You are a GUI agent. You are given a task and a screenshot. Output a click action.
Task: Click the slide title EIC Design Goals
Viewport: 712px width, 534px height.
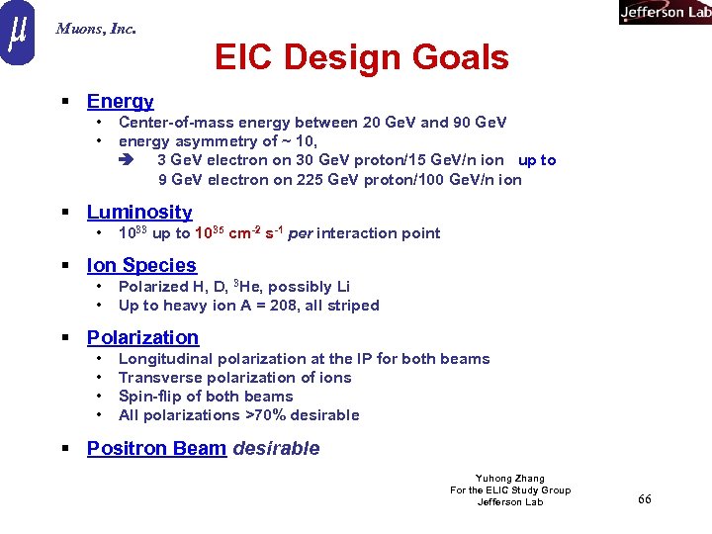[361, 58]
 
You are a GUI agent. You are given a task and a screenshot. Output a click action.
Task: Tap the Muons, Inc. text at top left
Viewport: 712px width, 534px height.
[96, 29]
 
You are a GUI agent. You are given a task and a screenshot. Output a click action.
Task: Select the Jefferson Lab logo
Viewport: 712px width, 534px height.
[665, 12]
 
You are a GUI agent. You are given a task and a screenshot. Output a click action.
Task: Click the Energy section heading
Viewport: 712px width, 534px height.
[120, 101]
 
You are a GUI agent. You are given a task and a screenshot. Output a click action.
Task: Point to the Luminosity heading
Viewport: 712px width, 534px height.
[139, 212]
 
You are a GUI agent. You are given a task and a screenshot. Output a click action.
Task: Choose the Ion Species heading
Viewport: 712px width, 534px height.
[141, 265]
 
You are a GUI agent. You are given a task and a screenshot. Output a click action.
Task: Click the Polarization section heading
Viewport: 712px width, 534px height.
[142, 337]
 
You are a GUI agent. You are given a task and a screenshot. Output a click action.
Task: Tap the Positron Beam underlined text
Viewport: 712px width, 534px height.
[156, 448]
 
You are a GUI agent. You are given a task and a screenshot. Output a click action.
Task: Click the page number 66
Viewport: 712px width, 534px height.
[644, 499]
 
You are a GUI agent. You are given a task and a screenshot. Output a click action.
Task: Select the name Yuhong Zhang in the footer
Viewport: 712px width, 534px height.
[510, 479]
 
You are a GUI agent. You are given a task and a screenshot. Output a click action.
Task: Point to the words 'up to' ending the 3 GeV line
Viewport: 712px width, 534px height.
[537, 160]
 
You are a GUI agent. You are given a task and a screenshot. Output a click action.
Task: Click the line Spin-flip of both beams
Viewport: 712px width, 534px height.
[206, 396]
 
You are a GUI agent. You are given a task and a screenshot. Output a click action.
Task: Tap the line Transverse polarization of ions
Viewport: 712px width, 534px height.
[234, 377]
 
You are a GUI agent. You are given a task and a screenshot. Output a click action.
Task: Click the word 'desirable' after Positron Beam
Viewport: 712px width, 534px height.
[276, 448]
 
